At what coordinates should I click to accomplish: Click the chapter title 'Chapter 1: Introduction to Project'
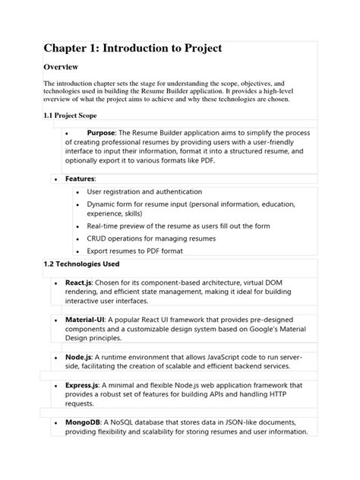click(132, 49)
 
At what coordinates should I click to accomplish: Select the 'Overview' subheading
click(65, 68)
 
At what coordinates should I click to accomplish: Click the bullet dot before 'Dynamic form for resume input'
click(79, 205)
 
